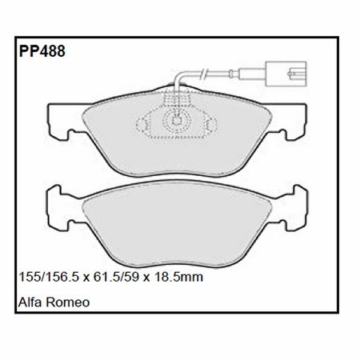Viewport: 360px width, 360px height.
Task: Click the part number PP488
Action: point(42,51)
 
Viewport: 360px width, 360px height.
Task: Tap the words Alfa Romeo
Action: point(54,302)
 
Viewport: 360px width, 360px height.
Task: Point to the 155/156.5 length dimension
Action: point(49,277)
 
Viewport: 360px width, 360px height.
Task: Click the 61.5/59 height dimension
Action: point(116,277)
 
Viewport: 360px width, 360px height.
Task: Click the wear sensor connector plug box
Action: point(286,74)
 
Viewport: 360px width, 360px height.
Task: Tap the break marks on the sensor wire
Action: point(203,74)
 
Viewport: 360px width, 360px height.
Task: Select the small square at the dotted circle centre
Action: point(177,121)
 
